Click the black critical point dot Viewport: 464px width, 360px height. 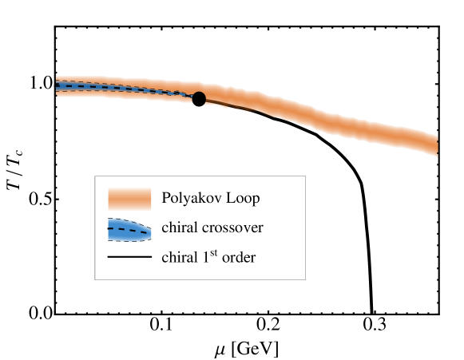point(199,98)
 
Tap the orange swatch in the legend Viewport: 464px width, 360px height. point(129,198)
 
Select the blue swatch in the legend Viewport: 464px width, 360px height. point(129,230)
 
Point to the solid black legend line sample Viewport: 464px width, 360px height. point(129,258)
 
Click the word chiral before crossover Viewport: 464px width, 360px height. point(178,228)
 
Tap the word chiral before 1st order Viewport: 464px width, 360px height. point(178,258)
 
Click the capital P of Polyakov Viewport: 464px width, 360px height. point(165,197)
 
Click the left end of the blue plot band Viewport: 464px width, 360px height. point(58,85)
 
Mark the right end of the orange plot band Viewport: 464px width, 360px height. point(435,144)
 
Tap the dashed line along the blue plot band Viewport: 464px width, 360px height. point(120,88)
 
